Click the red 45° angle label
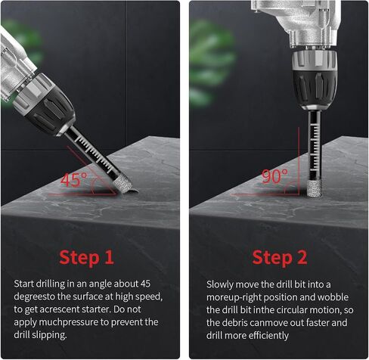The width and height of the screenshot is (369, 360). pyautogui.click(x=74, y=179)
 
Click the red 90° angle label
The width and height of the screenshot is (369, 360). pyautogui.click(x=274, y=176)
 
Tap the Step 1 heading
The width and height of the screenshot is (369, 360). pyautogui.click(x=86, y=258)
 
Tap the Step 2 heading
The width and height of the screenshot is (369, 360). pyautogui.click(x=280, y=258)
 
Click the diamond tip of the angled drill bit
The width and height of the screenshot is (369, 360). pyautogui.click(x=123, y=185)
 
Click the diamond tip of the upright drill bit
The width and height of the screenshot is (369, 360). pyautogui.click(x=315, y=190)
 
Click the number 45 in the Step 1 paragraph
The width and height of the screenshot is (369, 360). pyautogui.click(x=145, y=284)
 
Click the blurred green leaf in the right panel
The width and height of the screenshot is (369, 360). pyautogui.click(x=211, y=63)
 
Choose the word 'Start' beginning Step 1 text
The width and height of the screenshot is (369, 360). pyautogui.click(x=23, y=284)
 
